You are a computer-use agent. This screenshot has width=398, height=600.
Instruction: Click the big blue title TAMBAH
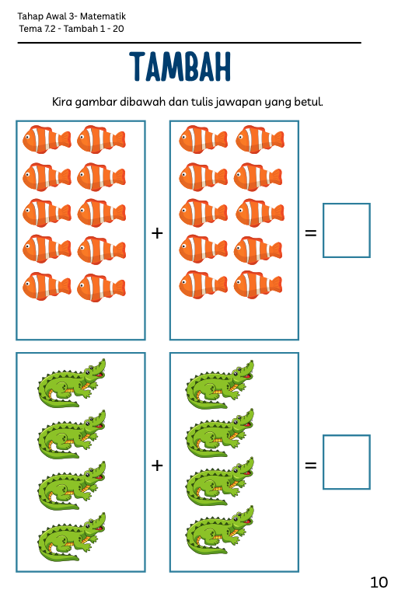180,67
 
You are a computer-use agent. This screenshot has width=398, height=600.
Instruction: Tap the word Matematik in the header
103,16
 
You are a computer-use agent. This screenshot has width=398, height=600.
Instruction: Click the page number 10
379,582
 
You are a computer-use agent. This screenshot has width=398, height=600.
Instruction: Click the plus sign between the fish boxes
157,233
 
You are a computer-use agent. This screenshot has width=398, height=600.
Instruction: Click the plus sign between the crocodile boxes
157,466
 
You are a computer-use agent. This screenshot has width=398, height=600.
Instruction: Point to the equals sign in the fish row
311,232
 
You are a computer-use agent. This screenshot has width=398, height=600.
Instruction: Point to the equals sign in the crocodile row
311,466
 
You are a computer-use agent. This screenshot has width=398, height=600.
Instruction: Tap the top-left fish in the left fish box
47,139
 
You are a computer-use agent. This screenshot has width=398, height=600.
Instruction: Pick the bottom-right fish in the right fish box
258,284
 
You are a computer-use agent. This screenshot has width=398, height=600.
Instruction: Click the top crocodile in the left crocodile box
72,382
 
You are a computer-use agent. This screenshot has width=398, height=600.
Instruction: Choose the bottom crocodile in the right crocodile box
220,530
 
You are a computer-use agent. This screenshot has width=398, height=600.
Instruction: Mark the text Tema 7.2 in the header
37,29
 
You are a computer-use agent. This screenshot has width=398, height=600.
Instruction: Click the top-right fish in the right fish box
260,139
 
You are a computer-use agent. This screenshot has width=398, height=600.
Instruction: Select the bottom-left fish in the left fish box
47,286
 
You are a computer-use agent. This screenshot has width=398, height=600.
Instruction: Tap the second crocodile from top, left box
72,434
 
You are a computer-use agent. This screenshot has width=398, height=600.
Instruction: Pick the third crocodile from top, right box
220,481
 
